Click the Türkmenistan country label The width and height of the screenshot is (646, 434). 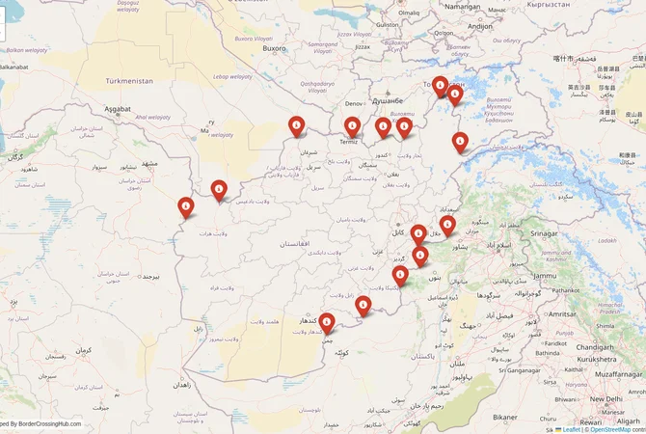click(129, 81)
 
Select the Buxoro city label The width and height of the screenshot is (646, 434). click(275, 47)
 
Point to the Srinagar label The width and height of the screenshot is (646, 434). click(544, 233)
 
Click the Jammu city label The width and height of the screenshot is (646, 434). click(545, 276)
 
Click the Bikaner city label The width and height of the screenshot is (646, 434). click(505, 417)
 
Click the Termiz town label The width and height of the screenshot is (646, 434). click(348, 142)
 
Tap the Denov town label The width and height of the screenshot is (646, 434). click(354, 102)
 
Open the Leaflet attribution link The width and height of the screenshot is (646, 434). click(572, 429)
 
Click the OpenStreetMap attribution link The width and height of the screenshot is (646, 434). click(617, 429)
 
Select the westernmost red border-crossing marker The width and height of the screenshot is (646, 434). click(185, 205)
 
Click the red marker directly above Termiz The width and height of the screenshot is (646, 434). click(352, 125)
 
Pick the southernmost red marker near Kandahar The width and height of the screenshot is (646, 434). click(327, 321)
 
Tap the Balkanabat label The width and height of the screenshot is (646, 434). click(13, 67)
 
